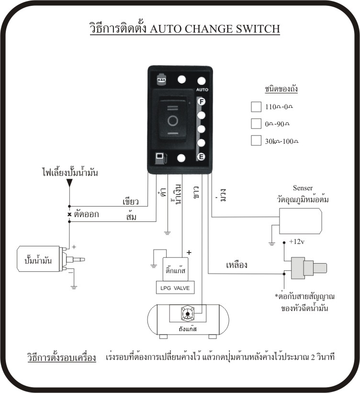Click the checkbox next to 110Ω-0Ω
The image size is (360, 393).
256,106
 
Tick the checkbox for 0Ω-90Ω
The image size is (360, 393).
256,124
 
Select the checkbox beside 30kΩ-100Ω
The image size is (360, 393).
256,141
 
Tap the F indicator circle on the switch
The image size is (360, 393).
202,101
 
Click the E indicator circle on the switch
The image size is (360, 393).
202,157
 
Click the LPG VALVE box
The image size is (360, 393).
175,288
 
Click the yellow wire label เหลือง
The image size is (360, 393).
236,264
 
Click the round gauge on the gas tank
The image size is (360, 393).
187,314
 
